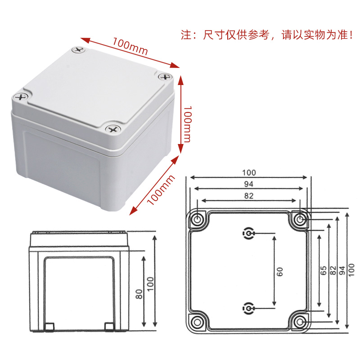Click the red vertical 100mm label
pos(186,124)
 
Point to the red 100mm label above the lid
pos(130,47)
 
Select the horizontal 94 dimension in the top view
pos(249,184)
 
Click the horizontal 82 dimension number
pos(249,196)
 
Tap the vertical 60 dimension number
pos(279,271)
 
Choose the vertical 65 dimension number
pos(323,270)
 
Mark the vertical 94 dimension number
pos(342,270)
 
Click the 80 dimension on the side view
pos(139,294)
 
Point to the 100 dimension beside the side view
pos(150,283)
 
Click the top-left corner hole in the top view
pos(197,220)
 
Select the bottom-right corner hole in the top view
pos(300,322)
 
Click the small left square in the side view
pos(50,326)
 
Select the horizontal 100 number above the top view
pos(249,173)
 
